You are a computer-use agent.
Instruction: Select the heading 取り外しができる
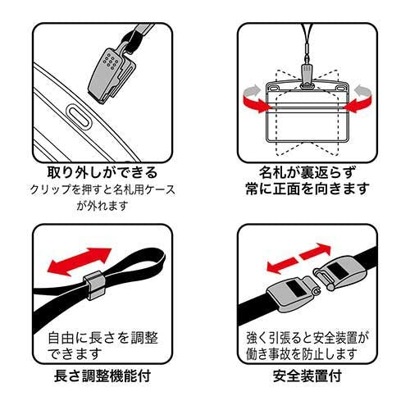pyautogui.click(x=102, y=174)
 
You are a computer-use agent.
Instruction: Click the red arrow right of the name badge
pyautogui.click(x=360, y=102)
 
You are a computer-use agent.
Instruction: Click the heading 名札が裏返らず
pyautogui.click(x=307, y=173)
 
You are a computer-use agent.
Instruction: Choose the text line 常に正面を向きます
pyautogui.click(x=307, y=189)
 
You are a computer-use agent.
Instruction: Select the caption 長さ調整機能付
pyautogui.click(x=102, y=379)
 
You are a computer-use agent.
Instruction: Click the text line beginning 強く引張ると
pyautogui.click(x=307, y=338)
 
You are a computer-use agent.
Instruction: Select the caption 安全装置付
pyautogui.click(x=307, y=379)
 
